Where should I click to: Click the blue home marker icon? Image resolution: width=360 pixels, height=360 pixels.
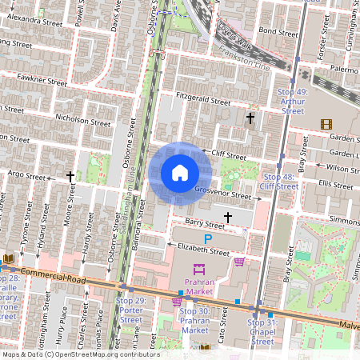coord(180,173)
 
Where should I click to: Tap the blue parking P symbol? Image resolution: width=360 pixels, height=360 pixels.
coord(209,239)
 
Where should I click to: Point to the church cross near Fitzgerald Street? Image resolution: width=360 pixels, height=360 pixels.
coord(250,118)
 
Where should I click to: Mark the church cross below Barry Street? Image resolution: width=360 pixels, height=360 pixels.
coord(228,217)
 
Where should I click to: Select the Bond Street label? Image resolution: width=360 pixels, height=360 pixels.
coord(278,31)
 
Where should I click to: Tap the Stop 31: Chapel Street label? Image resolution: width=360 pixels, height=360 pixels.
coord(259,331)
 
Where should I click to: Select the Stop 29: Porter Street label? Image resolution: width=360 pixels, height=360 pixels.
coord(130,310)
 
